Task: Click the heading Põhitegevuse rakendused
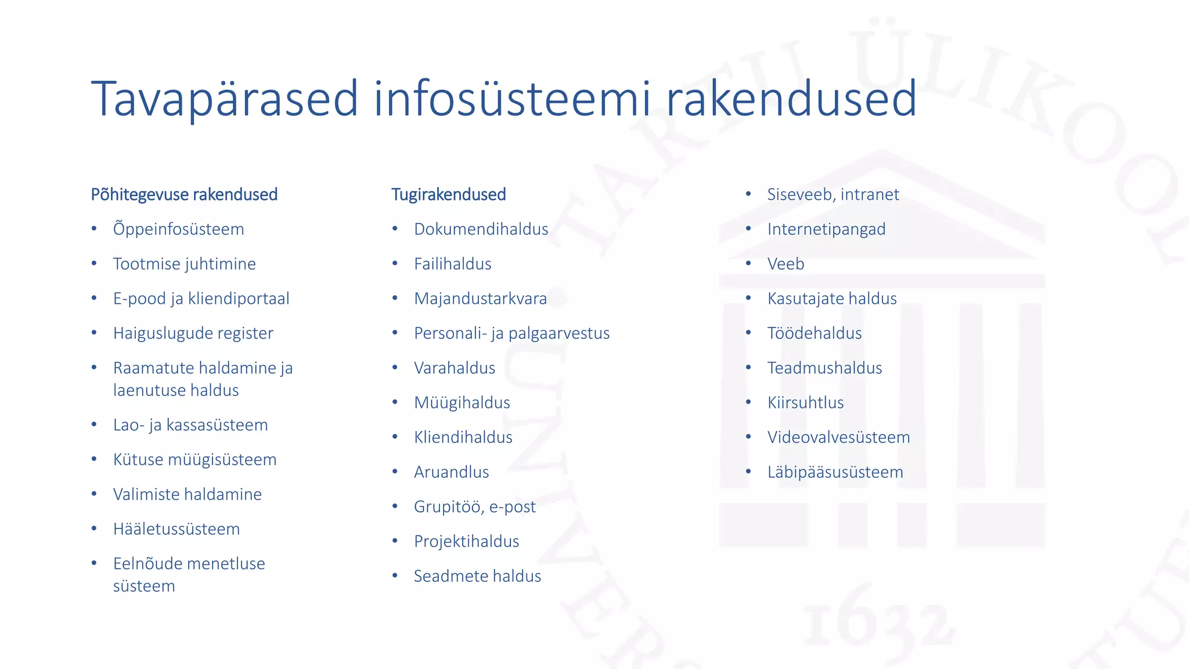click(x=184, y=195)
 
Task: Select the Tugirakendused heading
click(x=448, y=195)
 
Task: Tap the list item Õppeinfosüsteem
click(x=178, y=229)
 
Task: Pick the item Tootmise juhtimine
click(x=184, y=264)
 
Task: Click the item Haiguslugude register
click(x=193, y=333)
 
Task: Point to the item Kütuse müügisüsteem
click(x=194, y=460)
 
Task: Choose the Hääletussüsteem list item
click(x=176, y=529)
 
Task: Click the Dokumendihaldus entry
click(x=481, y=229)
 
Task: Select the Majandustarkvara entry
click(x=480, y=298)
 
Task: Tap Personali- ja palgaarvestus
click(x=511, y=333)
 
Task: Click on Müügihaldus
click(x=462, y=402)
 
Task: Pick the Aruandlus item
click(x=451, y=472)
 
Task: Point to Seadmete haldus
click(x=477, y=576)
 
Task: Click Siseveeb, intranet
click(x=833, y=195)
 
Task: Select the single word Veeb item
click(x=786, y=264)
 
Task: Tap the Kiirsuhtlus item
click(x=805, y=402)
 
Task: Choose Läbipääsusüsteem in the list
click(x=835, y=472)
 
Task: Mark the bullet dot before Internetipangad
click(x=748, y=229)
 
